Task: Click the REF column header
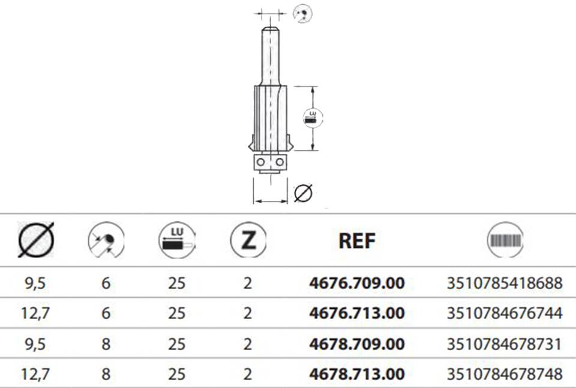(x=356, y=241)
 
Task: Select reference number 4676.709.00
(x=356, y=283)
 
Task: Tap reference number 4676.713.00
(x=356, y=313)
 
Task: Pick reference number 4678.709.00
(x=356, y=344)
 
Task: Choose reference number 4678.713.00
(x=356, y=374)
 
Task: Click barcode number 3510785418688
(x=505, y=283)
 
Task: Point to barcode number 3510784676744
(x=505, y=313)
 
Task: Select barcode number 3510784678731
(x=505, y=344)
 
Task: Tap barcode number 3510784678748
(x=505, y=374)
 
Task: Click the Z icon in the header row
(x=248, y=240)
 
